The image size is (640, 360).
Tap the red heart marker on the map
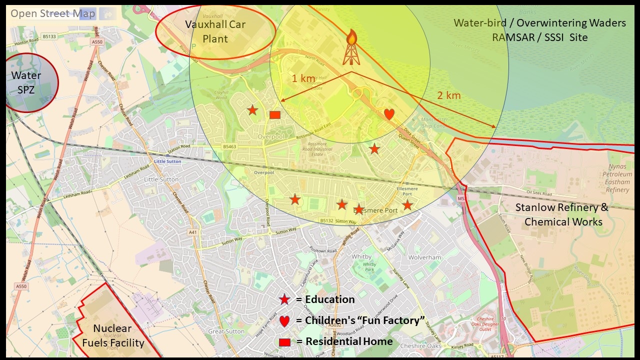[x=389, y=114]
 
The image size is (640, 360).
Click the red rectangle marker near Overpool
[x=274, y=115]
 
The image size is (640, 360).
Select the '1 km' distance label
[x=304, y=78]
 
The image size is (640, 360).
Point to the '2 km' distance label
[x=449, y=95]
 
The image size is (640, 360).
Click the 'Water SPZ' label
[x=26, y=82]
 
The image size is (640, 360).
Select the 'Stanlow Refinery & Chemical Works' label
[x=562, y=214]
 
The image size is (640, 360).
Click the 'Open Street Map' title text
[x=53, y=13]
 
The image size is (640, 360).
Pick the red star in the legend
[x=284, y=299]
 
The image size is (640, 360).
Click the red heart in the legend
[x=284, y=321]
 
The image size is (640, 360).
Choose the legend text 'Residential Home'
[x=349, y=341]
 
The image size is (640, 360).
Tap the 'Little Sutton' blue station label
[x=167, y=161]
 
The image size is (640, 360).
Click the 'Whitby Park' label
[x=369, y=266]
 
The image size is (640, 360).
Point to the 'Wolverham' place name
[x=425, y=257]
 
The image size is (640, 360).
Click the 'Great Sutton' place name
[x=226, y=331]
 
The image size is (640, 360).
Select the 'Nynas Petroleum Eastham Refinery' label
[x=617, y=178]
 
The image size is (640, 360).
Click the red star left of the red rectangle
[x=252, y=110]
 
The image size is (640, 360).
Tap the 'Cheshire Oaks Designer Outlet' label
[x=484, y=324]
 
